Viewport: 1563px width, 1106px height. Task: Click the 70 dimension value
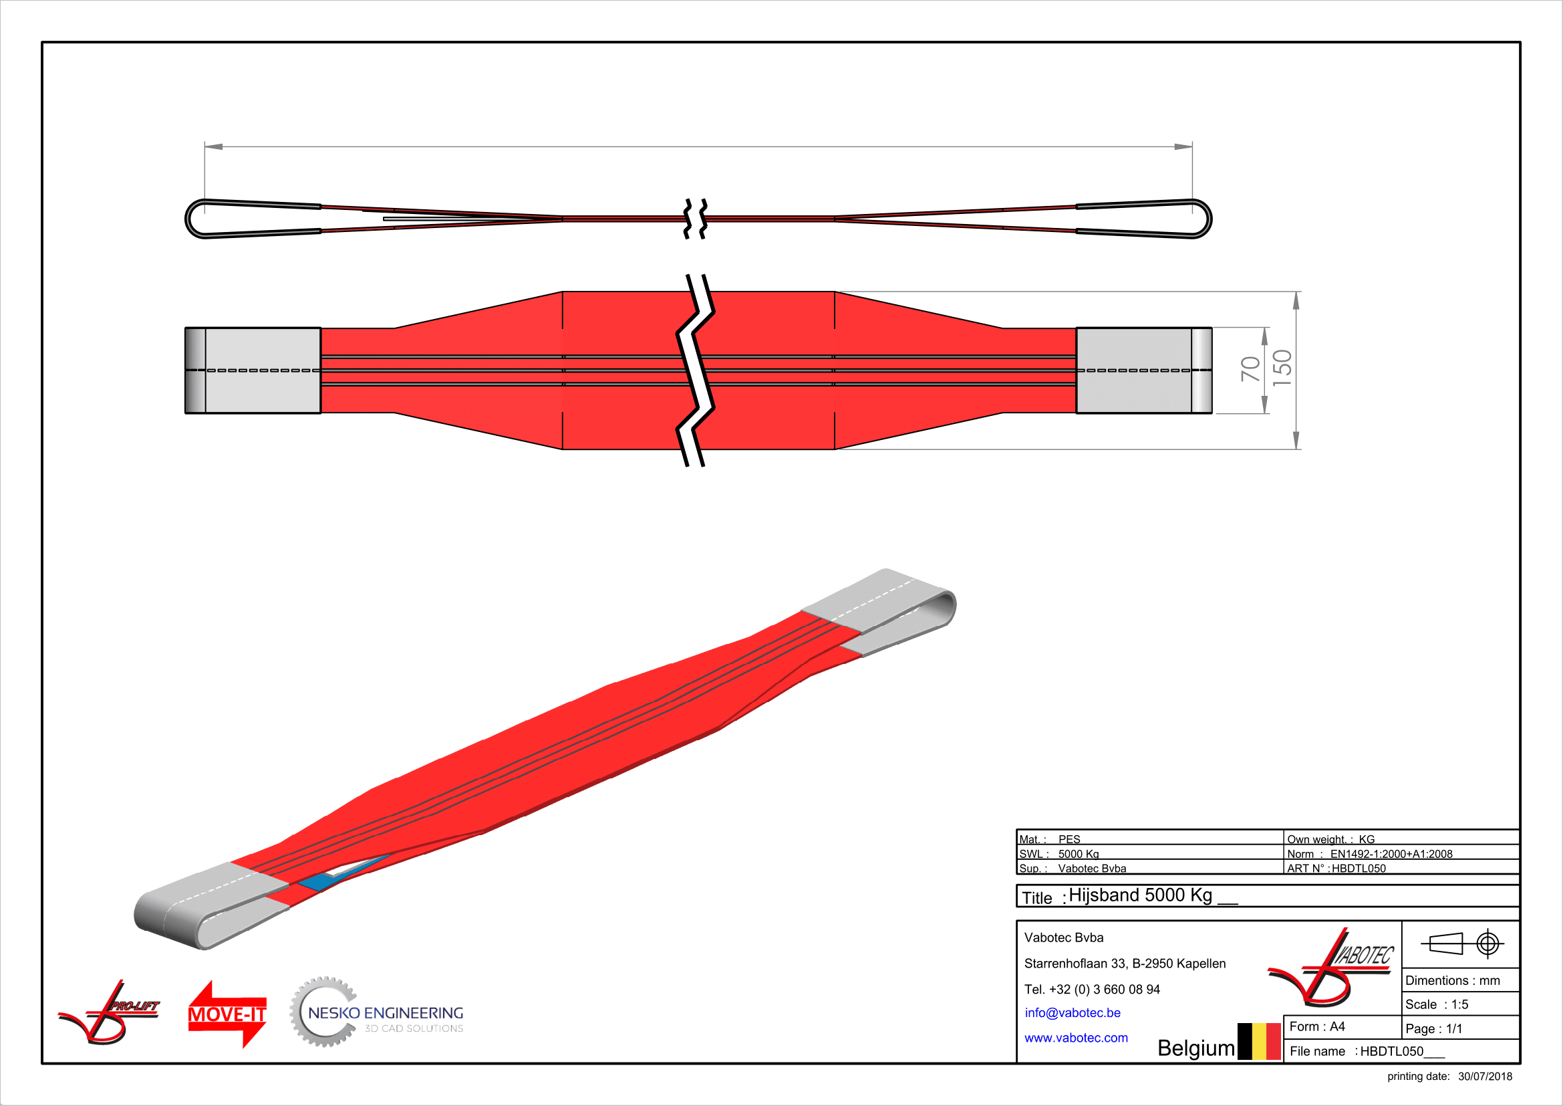click(x=1250, y=369)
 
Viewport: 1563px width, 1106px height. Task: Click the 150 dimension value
click(x=1282, y=368)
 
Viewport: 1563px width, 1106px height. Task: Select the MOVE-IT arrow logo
click(x=227, y=1014)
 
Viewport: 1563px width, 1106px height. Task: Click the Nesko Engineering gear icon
click(x=323, y=1012)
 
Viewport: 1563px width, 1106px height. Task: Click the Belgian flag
click(x=1260, y=1041)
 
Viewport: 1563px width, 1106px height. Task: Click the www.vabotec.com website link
click(x=1077, y=1038)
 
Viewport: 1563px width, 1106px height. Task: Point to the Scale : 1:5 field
click(x=1437, y=1004)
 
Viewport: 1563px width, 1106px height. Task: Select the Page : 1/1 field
click(x=1433, y=1028)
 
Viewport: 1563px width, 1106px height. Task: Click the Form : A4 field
click(x=1317, y=1026)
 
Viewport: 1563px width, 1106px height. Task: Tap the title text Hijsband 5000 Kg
click(x=1140, y=895)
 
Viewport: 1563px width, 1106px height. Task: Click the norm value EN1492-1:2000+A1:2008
click(x=1391, y=854)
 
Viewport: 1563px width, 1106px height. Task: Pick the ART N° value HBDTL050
click(x=1359, y=869)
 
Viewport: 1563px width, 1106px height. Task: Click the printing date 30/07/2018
click(x=1485, y=1077)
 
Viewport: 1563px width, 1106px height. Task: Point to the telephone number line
click(x=1092, y=989)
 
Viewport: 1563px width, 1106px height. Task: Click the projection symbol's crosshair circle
click(x=1488, y=944)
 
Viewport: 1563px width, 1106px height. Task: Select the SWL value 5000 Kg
click(x=1079, y=854)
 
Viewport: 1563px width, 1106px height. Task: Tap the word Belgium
click(x=1196, y=1048)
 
